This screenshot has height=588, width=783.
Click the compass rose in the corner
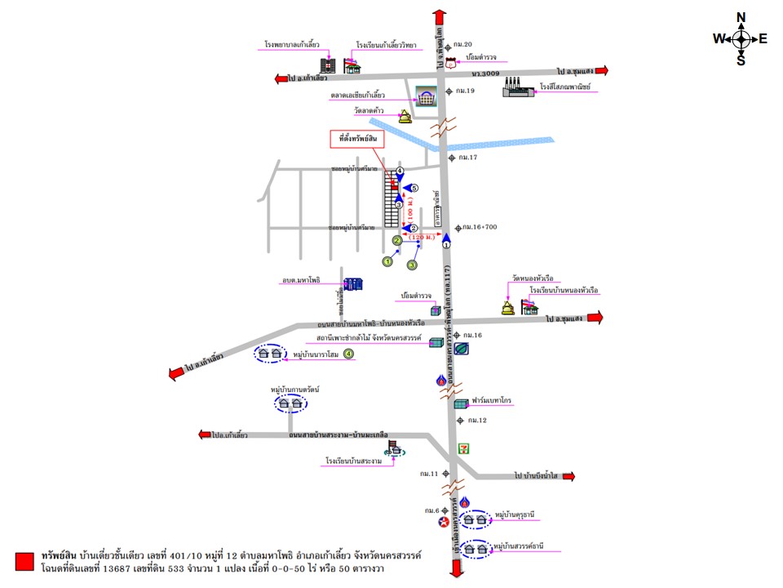741,38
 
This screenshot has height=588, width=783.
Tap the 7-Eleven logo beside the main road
464,448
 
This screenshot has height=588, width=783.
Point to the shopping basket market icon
426,97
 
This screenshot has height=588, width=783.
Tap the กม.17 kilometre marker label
468,157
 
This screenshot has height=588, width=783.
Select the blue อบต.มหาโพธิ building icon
353,284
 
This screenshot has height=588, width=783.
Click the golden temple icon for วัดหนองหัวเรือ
508,306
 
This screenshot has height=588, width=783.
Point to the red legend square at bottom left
24,561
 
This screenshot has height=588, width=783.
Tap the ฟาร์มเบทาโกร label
493,402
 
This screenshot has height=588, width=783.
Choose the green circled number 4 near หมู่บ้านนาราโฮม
348,354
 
